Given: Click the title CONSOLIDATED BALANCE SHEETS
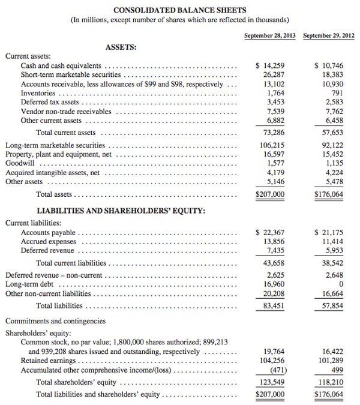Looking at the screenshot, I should click(x=180, y=10).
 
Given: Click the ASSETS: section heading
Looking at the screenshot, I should click(x=121, y=46).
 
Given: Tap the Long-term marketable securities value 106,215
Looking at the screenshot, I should click(x=270, y=145).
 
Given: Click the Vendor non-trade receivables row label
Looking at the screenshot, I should click(x=66, y=112).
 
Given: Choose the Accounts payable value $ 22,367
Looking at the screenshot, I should click(x=270, y=233).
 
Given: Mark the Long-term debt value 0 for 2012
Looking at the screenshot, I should click(x=339, y=285).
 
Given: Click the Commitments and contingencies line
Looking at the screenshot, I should click(x=55, y=321).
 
